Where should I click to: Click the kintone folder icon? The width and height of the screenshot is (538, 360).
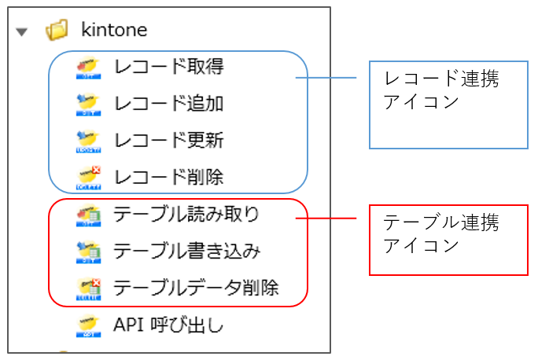pyautogui.click(x=57, y=30)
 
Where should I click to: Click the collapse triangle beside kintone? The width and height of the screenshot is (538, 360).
pyautogui.click(x=21, y=32)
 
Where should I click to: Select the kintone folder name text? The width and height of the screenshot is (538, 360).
pyautogui.click(x=114, y=30)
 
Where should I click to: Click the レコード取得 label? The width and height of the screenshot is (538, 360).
pyautogui.click(x=169, y=67)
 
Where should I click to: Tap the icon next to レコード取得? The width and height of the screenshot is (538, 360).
pyautogui.click(x=89, y=68)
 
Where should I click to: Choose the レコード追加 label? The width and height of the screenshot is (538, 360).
pyautogui.click(x=169, y=104)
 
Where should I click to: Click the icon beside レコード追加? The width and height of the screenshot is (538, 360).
pyautogui.click(x=89, y=105)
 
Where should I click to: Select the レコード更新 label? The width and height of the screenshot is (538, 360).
pyautogui.click(x=169, y=140)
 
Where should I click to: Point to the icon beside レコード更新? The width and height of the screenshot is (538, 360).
pyautogui.click(x=89, y=141)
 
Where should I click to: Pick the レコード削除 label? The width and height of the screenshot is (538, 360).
pyautogui.click(x=169, y=178)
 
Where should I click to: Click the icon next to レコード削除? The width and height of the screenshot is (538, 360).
pyautogui.click(x=89, y=178)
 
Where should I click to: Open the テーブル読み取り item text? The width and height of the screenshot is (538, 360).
pyautogui.click(x=186, y=215)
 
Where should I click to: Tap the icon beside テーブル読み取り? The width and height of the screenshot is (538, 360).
pyautogui.click(x=89, y=215)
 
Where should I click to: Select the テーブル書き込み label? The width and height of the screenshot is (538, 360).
pyautogui.click(x=187, y=251)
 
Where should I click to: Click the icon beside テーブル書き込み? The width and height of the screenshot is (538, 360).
pyautogui.click(x=89, y=252)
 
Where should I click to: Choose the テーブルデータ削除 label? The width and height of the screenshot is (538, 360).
pyautogui.click(x=196, y=288)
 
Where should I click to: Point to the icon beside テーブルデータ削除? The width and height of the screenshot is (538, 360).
pyautogui.click(x=89, y=289)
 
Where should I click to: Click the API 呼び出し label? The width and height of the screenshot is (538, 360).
pyautogui.click(x=168, y=325)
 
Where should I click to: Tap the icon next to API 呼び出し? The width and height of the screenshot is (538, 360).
pyautogui.click(x=89, y=325)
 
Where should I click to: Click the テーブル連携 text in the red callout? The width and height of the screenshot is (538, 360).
pyautogui.click(x=441, y=222)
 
